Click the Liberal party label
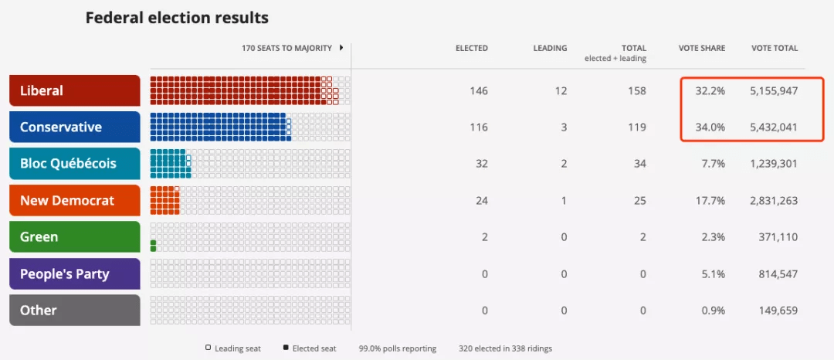[74, 90]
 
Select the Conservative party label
[74, 127]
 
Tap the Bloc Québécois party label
[74, 164]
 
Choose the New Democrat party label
[74, 200]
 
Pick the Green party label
[74, 237]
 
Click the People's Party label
[74, 273]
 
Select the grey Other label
[74, 310]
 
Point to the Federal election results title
[177, 17]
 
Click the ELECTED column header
[471, 48]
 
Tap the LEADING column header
[550, 48]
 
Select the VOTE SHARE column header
[701, 48]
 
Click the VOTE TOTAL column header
[775, 48]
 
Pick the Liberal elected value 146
[479, 91]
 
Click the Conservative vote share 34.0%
[710, 127]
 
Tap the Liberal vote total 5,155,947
[774, 91]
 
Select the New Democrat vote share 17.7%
[710, 201]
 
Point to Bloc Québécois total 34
[639, 164]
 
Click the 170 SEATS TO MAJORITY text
[286, 48]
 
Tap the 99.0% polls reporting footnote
[398, 348]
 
